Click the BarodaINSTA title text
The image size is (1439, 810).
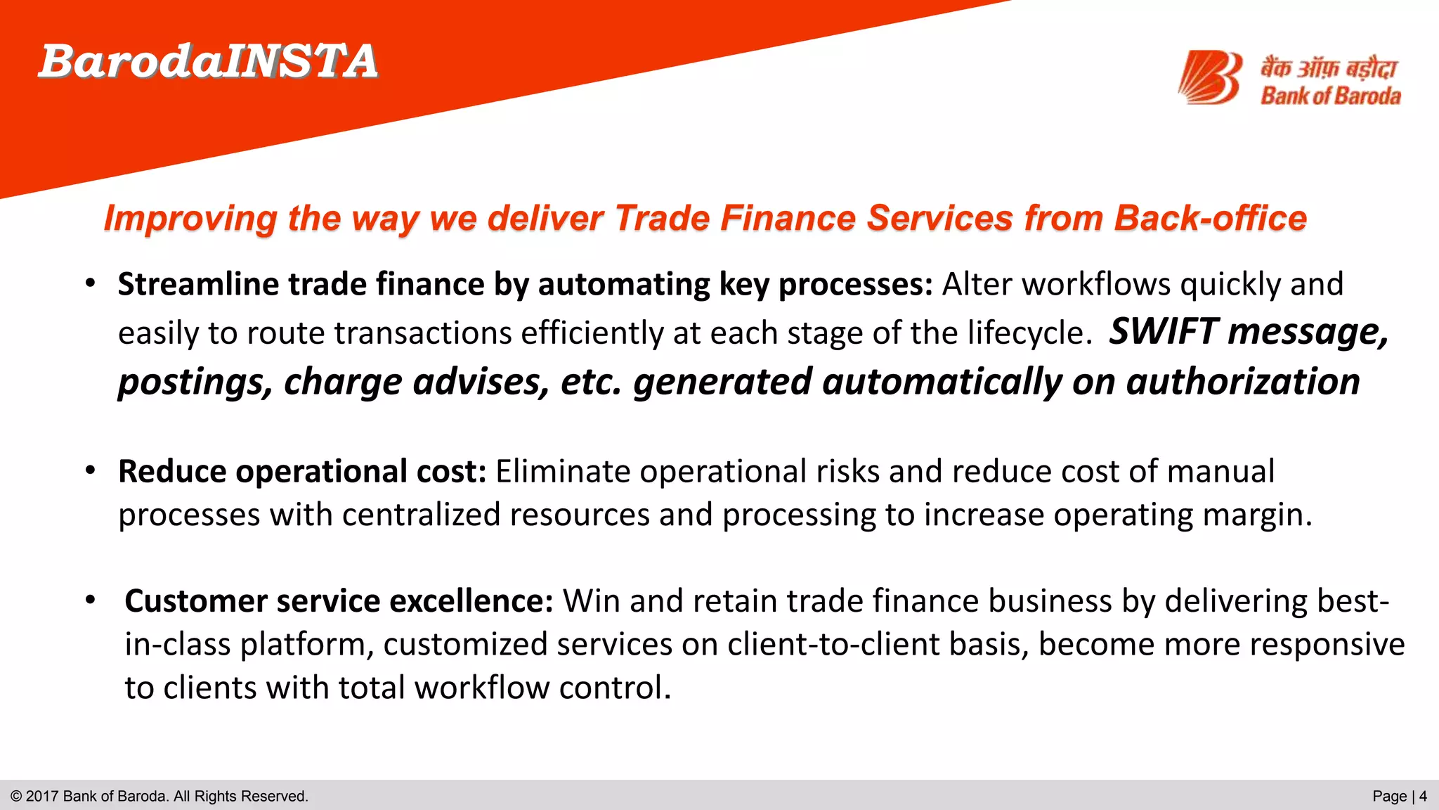click(208, 61)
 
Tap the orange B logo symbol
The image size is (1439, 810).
click(1210, 77)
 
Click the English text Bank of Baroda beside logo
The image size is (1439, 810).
click(1330, 96)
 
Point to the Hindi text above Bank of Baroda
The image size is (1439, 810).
click(1327, 68)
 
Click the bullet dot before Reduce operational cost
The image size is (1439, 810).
click(90, 470)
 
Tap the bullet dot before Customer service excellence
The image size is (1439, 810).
click(90, 600)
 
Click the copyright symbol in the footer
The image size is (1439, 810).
click(16, 797)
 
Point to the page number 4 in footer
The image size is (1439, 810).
click(1423, 797)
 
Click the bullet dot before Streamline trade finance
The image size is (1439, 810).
click(90, 284)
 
